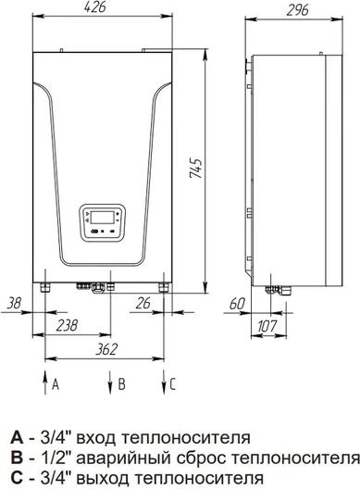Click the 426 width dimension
[x=95, y=7]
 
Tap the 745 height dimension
[x=196, y=169]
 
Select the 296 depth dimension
[x=298, y=10]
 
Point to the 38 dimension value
[x=14, y=303]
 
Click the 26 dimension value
[x=143, y=303]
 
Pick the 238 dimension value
[x=67, y=326]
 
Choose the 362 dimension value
[x=106, y=349]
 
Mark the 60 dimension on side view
[x=237, y=304]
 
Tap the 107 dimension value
[x=267, y=327]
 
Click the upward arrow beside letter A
[x=45, y=382]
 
